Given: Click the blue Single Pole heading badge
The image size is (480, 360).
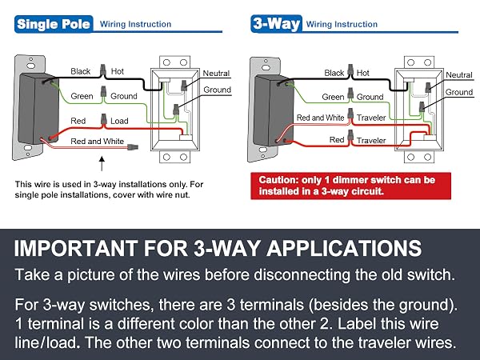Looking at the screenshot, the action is (x=54, y=24).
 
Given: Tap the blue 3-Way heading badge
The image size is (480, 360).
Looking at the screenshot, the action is (x=277, y=23).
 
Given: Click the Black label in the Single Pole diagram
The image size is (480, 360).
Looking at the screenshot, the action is (x=81, y=71).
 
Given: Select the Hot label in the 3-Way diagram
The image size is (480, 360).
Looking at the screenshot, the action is (x=363, y=73).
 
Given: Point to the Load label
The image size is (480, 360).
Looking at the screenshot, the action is (x=119, y=121).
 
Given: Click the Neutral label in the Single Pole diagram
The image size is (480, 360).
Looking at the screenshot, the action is (x=216, y=73).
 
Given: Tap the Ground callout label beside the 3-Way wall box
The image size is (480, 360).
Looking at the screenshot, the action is (x=459, y=92).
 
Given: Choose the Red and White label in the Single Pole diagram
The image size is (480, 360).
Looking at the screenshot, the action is (x=97, y=141).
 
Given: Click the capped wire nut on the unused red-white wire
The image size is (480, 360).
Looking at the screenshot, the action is (x=133, y=147).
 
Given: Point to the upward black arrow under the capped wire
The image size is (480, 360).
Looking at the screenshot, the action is (x=102, y=164).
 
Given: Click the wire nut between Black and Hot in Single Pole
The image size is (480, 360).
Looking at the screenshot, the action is (x=103, y=70).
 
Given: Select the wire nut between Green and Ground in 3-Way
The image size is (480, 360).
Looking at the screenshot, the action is (x=350, y=94).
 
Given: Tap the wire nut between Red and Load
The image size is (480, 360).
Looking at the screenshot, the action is (x=104, y=119).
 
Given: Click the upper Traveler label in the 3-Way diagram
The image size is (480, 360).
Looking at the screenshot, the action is (x=371, y=118).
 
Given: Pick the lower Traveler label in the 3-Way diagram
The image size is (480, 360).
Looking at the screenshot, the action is (x=371, y=141).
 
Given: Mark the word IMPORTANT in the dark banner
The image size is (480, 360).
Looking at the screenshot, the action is (x=76, y=248).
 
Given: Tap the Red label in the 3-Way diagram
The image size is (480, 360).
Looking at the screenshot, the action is (x=337, y=139).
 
